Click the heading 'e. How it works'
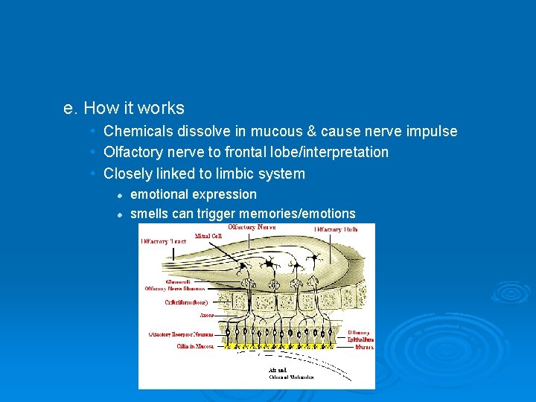pyautogui.click(x=124, y=109)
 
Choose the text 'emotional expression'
pyautogui.click(x=194, y=194)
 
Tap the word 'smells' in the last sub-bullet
pyautogui.click(x=149, y=214)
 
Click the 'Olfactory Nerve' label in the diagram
pyautogui.click(x=252, y=227)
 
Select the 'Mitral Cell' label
pyautogui.click(x=208, y=236)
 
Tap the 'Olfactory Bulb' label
pyautogui.click(x=336, y=229)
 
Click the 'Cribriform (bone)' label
pyautogui.click(x=186, y=302)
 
